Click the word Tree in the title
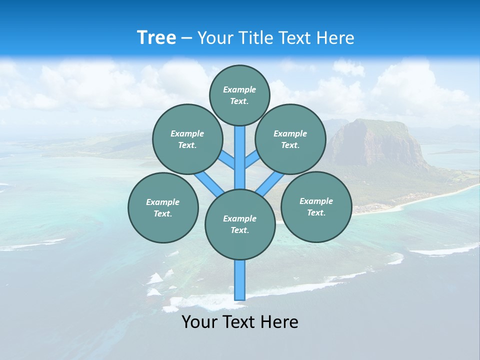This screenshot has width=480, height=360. point(156,38)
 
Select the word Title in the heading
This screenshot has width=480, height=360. point(255,38)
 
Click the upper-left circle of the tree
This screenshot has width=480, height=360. point(187,139)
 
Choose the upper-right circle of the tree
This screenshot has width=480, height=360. point(290,139)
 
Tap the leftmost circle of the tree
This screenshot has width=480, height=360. point(163,207)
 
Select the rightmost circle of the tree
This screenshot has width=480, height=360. point(316,206)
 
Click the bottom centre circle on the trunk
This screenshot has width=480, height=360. point(240,224)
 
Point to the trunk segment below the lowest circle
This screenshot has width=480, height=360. point(240,280)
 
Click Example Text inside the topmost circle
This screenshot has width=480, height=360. point(239,95)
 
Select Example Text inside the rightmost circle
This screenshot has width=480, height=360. point(316,206)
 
